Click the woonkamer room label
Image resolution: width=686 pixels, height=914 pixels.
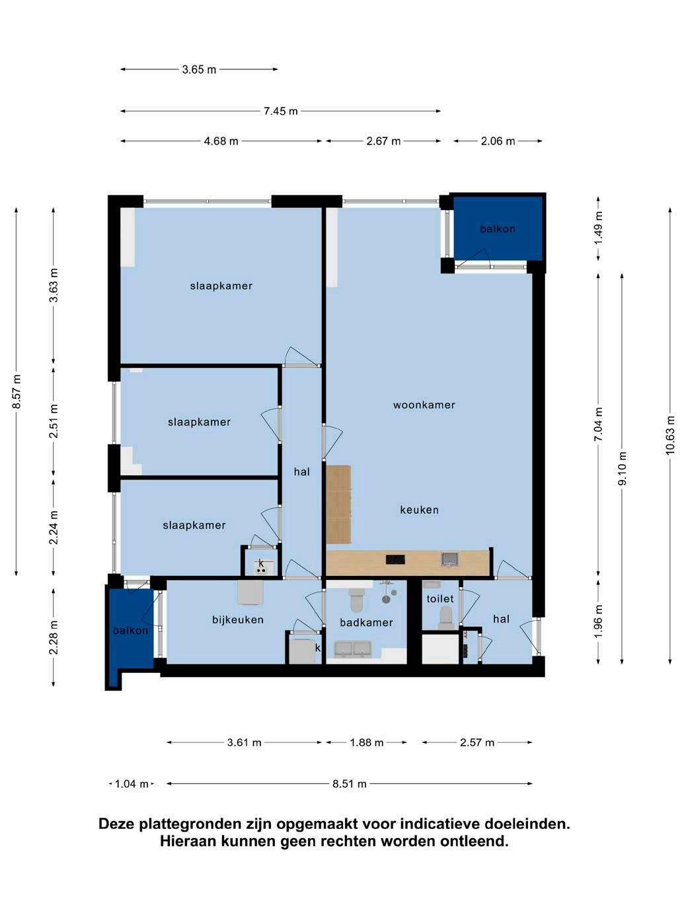424,405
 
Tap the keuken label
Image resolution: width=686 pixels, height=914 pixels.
419,510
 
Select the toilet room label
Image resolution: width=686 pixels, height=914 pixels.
440,599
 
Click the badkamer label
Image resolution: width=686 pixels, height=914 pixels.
366,623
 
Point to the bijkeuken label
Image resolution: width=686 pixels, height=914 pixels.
238,619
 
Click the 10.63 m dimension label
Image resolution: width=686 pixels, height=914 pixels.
669,435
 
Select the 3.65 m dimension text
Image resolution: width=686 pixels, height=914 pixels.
199,69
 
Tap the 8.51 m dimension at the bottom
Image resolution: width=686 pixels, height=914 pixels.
350,784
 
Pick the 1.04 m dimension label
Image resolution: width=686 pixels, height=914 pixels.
132,784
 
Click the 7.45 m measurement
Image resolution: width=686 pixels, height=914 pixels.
281,111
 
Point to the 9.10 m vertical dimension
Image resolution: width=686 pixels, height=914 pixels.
623,468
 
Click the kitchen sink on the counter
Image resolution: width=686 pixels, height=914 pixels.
450,559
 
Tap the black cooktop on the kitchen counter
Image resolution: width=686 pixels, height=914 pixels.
395,559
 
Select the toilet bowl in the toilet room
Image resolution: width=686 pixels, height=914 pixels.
445,617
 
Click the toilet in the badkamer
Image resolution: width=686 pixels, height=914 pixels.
356,600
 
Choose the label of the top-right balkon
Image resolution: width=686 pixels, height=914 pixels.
498,228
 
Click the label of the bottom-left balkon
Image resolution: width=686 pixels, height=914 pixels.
130,631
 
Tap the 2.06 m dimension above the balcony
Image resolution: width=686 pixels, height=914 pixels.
498,141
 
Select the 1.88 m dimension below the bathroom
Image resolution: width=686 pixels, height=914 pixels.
367,742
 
